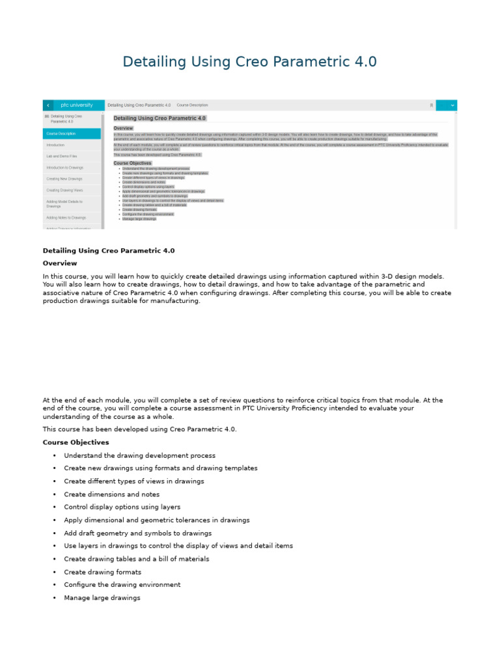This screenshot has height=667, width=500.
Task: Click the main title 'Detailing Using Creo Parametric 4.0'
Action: coord(249,62)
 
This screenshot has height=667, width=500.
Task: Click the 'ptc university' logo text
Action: coord(77,105)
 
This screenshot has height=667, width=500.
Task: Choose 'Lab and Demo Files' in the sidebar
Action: coord(61,156)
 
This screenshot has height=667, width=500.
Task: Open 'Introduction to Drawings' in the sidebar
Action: coord(64,167)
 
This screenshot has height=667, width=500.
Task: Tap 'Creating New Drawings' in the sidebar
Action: coord(64,178)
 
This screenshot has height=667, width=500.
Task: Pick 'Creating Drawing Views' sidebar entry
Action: coord(64,190)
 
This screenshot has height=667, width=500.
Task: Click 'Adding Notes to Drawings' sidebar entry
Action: coord(66,218)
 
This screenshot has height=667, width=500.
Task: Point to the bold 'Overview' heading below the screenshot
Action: coord(60,263)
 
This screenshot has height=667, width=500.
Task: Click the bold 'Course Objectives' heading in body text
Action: coord(76,442)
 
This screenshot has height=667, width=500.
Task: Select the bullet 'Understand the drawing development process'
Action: coord(139,456)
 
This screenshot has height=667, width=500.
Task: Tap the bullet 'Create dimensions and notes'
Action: coord(111,494)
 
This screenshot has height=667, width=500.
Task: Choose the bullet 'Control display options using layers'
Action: coord(122,507)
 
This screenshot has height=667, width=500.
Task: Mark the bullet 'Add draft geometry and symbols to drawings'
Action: coord(137,533)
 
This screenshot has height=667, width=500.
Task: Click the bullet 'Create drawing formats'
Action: coord(102,572)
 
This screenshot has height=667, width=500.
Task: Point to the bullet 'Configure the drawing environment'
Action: coord(122,584)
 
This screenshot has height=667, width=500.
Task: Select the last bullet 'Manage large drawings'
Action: coord(102,597)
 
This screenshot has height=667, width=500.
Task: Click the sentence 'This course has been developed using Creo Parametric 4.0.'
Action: coord(140,429)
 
